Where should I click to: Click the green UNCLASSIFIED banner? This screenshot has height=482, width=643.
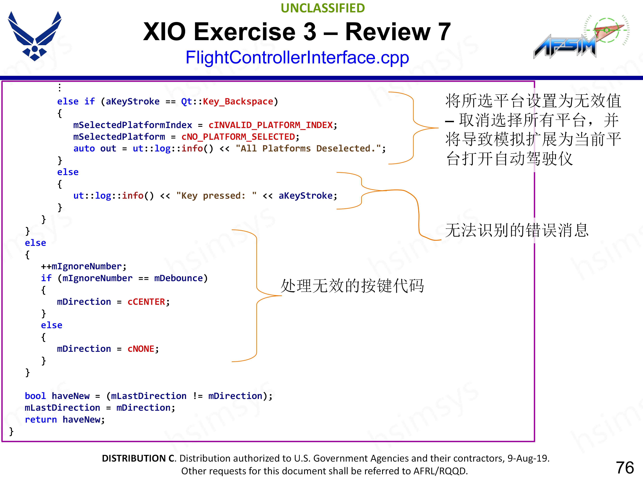tap(323, 8)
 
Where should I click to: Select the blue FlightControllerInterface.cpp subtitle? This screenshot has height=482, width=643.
tap(297, 57)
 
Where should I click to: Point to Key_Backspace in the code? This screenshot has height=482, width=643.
tap(238, 101)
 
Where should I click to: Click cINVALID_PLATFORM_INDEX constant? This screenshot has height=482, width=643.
tap(270, 125)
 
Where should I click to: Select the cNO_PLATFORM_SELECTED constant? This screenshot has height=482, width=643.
tap(238, 137)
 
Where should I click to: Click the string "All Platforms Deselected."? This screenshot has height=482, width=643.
tap(308, 148)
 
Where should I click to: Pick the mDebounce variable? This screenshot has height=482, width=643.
tap(178, 278)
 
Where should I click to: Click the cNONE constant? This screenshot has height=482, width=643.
tap(141, 349)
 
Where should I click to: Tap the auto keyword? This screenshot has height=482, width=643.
tap(84, 148)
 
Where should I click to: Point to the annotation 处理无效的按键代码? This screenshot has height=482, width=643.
tap(352, 286)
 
